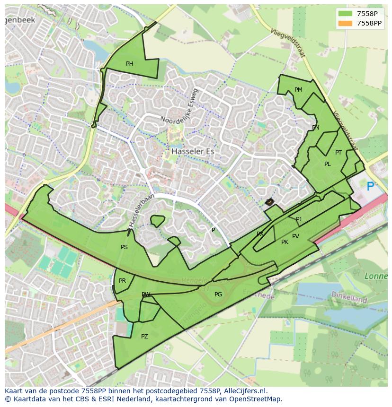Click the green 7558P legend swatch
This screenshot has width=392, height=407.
pos(346,14)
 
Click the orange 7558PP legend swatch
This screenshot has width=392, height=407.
pos(346,23)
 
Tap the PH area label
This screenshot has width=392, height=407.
pos(129,64)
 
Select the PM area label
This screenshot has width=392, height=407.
pos(298,90)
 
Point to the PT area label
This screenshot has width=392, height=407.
pos(339,153)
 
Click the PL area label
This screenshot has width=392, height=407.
pos(327,164)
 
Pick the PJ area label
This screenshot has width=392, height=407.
pos(299,219)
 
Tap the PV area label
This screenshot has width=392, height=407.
pos(295,236)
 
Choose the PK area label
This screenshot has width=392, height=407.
pos(285,242)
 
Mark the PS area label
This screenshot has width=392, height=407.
pos(124,247)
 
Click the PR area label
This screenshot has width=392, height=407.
pos(122,281)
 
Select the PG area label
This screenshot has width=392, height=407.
pos(218,294)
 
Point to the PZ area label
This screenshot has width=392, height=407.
pos(144,337)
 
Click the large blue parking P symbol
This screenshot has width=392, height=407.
pos(370,186)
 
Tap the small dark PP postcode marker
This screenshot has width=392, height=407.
pos(269,202)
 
